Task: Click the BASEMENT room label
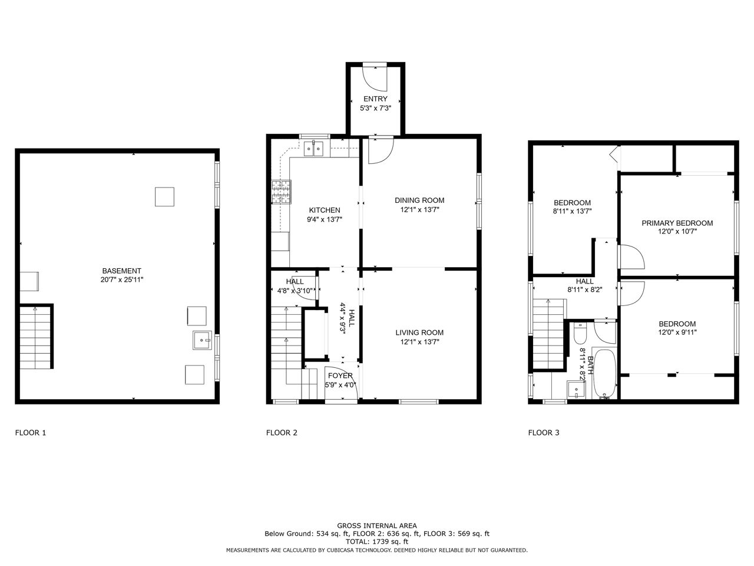(121, 271)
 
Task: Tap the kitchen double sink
(314, 149)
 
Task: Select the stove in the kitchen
(282, 192)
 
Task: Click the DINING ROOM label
(419, 200)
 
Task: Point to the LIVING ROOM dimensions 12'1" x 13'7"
(419, 341)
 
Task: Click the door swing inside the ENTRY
(375, 78)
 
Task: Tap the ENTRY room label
(375, 99)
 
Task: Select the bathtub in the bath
(605, 374)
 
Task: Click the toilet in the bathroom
(580, 333)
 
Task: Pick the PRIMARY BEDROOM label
(677, 223)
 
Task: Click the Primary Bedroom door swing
(631, 256)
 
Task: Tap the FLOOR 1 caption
(31, 433)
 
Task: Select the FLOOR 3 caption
(544, 433)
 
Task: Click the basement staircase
(36, 337)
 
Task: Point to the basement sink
(202, 340)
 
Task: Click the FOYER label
(340, 376)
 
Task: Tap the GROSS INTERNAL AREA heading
(377, 525)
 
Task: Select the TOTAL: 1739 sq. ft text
(377, 542)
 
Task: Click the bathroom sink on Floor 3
(576, 389)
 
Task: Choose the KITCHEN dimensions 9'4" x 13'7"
(325, 219)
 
